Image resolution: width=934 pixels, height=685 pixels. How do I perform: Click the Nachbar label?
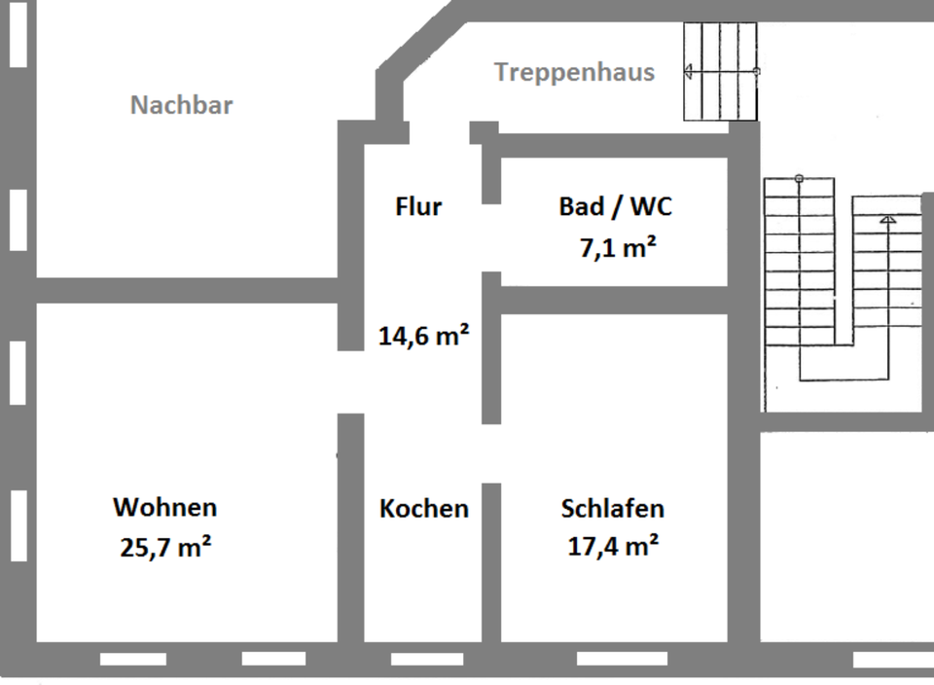[x=182, y=105]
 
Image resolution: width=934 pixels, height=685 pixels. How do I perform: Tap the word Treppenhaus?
[x=574, y=72]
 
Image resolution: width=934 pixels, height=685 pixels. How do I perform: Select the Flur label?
[x=418, y=206]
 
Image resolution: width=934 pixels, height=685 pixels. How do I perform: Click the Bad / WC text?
[x=615, y=206]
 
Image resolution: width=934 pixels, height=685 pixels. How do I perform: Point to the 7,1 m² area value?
[x=617, y=248]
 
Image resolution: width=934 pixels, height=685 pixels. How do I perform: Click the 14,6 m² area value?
[x=424, y=337]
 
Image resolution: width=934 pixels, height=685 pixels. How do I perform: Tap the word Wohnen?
[x=165, y=507]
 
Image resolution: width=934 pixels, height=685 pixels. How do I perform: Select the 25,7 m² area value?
[x=165, y=547]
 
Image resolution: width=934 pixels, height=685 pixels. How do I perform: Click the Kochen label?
[x=424, y=509]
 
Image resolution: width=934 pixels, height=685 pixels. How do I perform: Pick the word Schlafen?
[x=613, y=508]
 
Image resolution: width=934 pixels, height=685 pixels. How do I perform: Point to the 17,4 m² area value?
[x=613, y=546]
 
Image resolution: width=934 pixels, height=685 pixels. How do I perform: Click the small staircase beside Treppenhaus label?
[x=720, y=72]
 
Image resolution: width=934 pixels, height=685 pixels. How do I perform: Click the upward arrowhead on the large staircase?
[x=887, y=221]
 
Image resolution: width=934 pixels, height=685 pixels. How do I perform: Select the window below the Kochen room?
[x=427, y=660]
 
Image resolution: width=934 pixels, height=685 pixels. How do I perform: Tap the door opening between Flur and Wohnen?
[x=350, y=381]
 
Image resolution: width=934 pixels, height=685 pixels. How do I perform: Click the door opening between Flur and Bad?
[x=491, y=238]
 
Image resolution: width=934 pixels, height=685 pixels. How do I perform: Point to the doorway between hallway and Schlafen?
[x=491, y=453]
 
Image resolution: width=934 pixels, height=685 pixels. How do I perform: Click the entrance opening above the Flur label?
[x=437, y=132]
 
